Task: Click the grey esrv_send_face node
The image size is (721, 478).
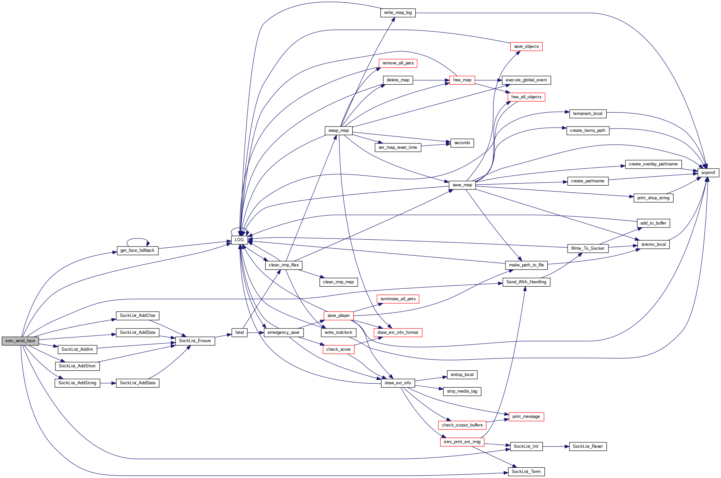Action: coord(20,341)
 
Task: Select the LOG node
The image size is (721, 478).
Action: coord(239,240)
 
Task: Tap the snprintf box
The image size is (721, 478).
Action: coord(708,173)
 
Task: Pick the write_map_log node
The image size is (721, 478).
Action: coord(398,13)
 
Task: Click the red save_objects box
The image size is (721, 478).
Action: coord(526,47)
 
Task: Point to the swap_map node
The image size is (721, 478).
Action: coord(338,131)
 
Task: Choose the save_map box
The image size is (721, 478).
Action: coord(462,185)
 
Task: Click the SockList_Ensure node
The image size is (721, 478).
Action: coord(195,341)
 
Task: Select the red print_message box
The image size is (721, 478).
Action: coord(526,417)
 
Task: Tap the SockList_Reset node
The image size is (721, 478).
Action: coord(587,446)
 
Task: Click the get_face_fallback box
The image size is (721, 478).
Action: coord(137,250)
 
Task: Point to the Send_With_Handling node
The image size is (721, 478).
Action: coord(526,282)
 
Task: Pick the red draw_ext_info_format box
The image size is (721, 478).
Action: coord(398,333)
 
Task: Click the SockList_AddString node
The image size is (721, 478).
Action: coord(77,383)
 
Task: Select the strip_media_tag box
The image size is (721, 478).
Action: coord(462,391)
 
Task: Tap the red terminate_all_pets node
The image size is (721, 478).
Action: coord(398,299)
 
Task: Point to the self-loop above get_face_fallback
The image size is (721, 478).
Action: coord(137,239)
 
